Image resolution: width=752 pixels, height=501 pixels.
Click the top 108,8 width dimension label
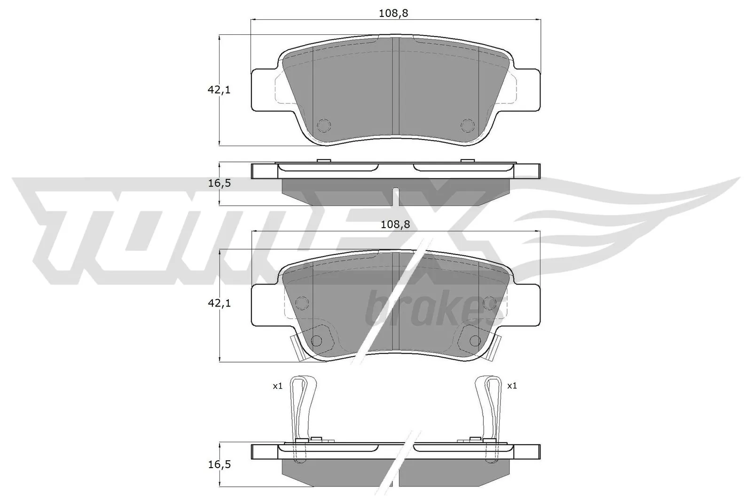point(393,13)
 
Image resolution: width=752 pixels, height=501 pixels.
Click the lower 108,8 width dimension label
point(395,224)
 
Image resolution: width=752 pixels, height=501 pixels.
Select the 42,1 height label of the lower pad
point(219,303)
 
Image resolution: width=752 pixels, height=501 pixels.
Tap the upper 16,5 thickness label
point(219,183)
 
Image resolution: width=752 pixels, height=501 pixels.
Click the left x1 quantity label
point(277,386)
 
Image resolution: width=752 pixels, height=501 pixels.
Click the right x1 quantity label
point(512,386)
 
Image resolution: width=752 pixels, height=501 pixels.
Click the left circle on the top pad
point(324,125)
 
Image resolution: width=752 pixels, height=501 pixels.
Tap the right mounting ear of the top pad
point(527,90)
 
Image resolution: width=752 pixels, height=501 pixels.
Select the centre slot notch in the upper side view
point(396,195)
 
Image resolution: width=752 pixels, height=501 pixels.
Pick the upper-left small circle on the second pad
point(302,301)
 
